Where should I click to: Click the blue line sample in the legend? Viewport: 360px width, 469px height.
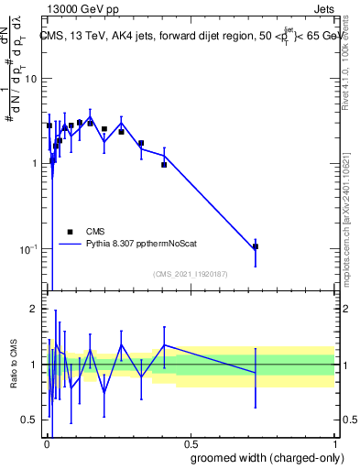click(x=71, y=245)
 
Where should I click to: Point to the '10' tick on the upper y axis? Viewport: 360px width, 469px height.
click(x=32, y=79)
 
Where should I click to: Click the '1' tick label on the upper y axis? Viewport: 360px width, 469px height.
click(x=35, y=164)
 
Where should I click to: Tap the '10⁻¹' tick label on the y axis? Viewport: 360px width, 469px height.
click(x=29, y=248)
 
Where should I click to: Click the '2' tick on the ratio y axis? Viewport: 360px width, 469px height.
click(x=35, y=309)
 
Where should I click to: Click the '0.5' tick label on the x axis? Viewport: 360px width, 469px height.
click(x=189, y=445)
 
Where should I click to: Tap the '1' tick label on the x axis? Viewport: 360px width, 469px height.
click(x=333, y=445)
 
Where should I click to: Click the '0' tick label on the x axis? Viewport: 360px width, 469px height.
click(x=46, y=445)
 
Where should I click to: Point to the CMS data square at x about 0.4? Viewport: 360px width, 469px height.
click(x=164, y=165)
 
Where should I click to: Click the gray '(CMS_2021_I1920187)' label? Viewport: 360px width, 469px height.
click(x=191, y=274)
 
